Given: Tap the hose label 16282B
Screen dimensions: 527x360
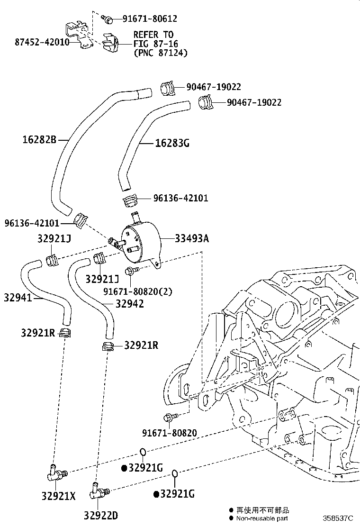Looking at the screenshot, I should pyautogui.click(x=39, y=140).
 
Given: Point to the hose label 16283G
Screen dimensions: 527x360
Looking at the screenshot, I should pyautogui.click(x=172, y=143).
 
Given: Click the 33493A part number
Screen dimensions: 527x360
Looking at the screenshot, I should pyautogui.click(x=192, y=238).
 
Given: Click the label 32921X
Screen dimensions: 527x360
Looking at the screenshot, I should pyautogui.click(x=58, y=497).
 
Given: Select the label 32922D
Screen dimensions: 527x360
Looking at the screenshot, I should pyautogui.click(x=101, y=515).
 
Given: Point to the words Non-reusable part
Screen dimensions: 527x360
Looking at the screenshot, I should pyautogui.click(x=262, y=519).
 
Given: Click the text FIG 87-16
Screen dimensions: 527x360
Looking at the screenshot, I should pyautogui.click(x=153, y=44).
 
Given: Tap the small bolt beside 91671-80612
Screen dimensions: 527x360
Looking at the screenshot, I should pyautogui.click(x=108, y=19).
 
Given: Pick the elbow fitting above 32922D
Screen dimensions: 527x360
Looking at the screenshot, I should pyautogui.click(x=97, y=492).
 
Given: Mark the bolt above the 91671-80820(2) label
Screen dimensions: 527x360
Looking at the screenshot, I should pyautogui.click(x=131, y=271).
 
